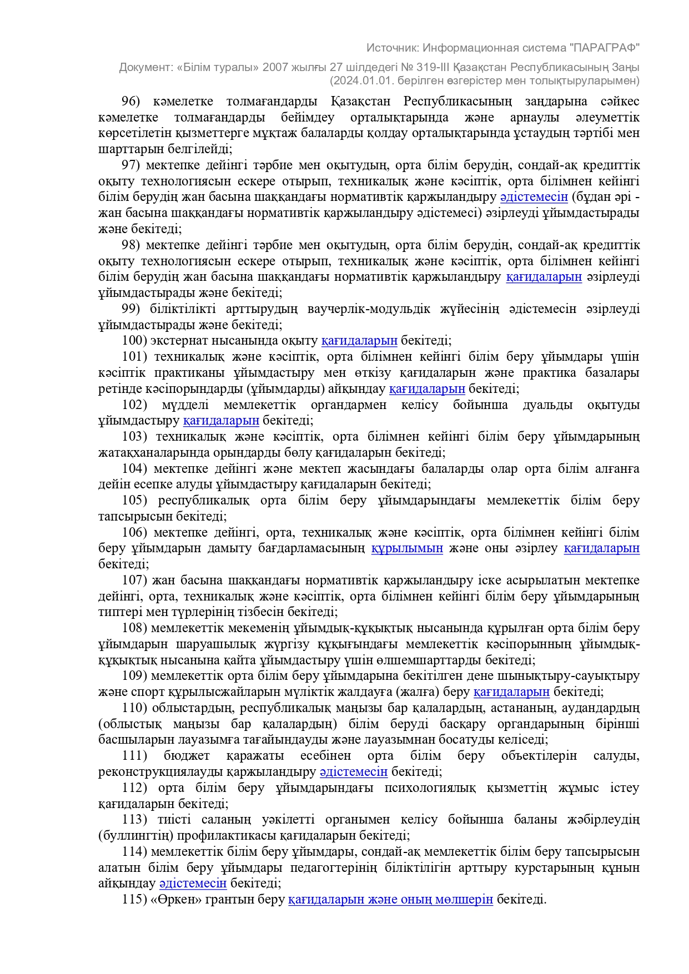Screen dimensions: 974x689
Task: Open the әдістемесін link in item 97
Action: pos(534,197)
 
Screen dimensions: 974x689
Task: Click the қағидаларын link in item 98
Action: pos(544,277)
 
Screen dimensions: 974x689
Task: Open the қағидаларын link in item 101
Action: pos(427,389)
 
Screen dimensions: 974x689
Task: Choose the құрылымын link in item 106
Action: pos(407,549)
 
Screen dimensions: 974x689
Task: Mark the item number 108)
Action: pos(134,628)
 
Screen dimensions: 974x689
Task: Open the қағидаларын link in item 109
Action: pos(511,692)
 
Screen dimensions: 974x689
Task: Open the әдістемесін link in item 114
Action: pos(193,884)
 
